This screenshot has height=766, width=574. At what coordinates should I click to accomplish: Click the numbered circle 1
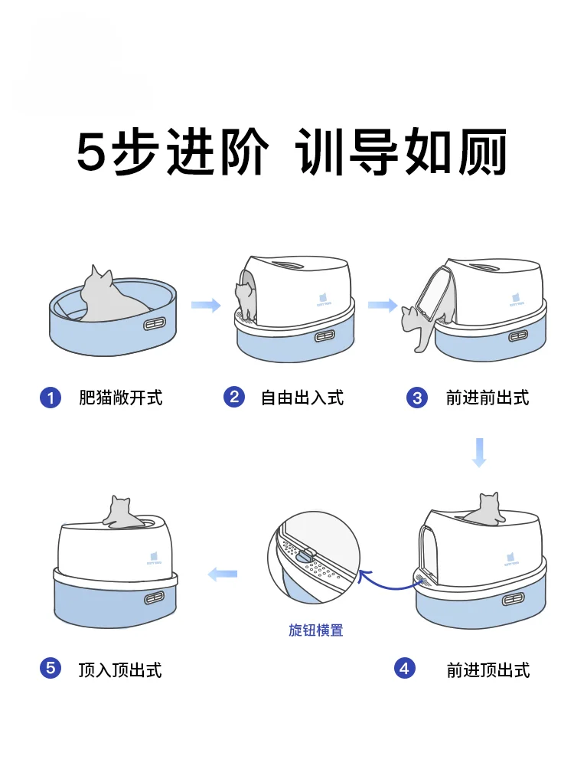[51, 398]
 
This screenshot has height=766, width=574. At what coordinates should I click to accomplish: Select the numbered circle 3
[417, 398]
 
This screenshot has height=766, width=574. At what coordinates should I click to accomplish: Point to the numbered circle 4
[405, 669]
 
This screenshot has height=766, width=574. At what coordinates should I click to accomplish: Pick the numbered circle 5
[51, 669]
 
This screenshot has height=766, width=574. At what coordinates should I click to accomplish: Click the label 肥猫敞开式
[120, 398]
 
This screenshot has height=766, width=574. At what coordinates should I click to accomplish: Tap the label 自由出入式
[302, 398]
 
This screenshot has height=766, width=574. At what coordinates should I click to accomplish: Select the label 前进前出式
[488, 398]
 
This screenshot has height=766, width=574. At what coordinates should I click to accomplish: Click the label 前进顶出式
[488, 669]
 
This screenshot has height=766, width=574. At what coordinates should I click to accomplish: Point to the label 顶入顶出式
[120, 669]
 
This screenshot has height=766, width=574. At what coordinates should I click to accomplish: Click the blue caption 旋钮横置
[316, 630]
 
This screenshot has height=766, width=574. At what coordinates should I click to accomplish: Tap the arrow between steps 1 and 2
[205, 306]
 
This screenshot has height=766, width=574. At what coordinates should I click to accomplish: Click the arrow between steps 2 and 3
[382, 306]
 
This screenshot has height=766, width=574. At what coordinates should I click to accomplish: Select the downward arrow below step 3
[479, 452]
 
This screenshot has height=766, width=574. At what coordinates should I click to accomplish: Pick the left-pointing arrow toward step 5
[223, 573]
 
